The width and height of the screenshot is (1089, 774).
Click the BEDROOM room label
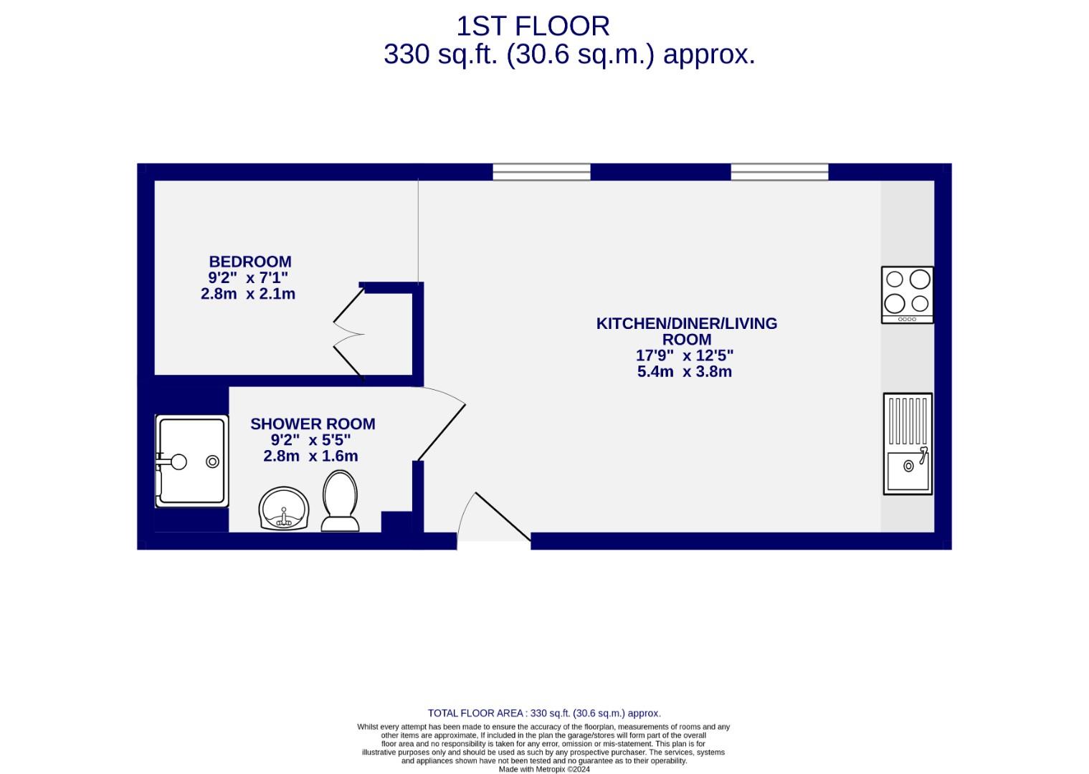pos(249,262)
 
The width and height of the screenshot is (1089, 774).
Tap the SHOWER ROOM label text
pos(313,424)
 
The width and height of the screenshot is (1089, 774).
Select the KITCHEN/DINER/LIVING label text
pos(686,323)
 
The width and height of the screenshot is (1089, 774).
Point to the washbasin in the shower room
pos(284,510)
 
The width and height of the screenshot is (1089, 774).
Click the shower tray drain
pos(212,462)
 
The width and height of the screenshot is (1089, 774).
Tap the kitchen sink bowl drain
pos(908,467)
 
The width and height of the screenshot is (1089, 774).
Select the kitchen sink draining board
pos(908,421)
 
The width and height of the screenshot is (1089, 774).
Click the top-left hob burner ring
pos(895,279)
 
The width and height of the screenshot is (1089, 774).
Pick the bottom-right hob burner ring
pos(920,302)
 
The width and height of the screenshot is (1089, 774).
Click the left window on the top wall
pos(541,172)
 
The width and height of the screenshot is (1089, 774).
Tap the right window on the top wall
pos(779,172)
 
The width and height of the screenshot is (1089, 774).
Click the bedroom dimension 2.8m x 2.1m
pos(248,294)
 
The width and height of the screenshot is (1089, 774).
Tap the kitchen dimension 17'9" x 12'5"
pos(685,355)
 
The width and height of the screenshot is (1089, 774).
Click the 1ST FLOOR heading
pos(533,27)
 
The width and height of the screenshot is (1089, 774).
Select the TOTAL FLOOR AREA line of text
pos(544,713)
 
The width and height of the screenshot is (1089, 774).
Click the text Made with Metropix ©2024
pos(544,769)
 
